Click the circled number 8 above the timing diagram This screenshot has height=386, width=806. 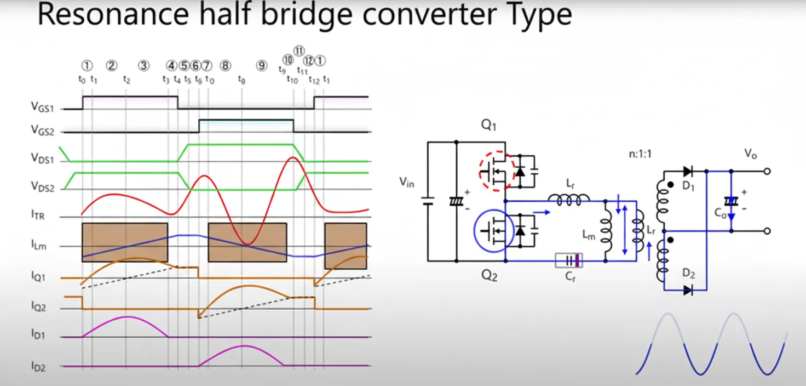tap(226, 66)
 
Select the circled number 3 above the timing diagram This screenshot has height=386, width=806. tap(143, 66)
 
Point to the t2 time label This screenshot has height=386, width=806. tap(126, 80)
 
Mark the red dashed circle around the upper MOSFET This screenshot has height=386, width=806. tap(495, 171)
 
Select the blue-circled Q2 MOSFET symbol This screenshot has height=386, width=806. tap(494, 232)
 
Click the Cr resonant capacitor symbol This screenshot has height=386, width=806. tap(568, 260)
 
